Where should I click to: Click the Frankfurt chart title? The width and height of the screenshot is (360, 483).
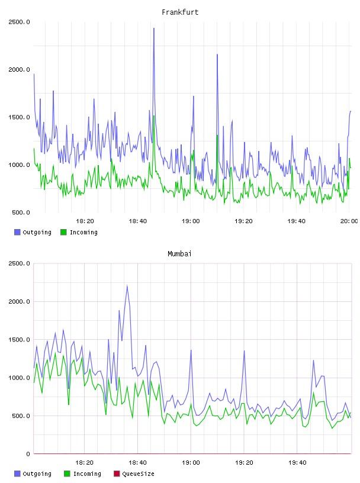tap(180, 12)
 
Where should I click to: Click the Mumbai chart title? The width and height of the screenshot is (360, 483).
tap(179, 254)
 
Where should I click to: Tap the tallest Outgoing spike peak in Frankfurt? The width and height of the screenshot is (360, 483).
tap(154, 28)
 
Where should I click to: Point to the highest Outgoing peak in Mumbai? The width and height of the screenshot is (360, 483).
tap(127, 285)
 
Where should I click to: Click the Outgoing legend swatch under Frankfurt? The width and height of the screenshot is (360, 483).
tap(17, 232)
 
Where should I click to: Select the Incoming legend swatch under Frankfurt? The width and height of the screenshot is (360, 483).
tap(63, 232)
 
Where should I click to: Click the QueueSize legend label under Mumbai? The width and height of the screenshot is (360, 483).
tap(138, 474)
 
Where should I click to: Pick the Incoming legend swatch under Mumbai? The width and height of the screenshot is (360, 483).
tap(67, 474)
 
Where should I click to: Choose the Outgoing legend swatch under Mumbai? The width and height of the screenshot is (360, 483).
tap(17, 474)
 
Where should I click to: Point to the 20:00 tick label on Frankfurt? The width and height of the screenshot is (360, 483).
tap(349, 221)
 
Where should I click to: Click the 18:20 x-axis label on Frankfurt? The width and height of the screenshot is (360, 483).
tap(85, 221)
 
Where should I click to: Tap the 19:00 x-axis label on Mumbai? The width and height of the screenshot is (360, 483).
tap(191, 463)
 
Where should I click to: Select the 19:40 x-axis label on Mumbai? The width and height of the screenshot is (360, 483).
tap(297, 463)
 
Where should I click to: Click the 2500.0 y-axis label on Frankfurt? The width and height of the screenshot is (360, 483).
tap(19, 22)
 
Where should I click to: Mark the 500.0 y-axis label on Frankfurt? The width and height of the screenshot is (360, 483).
tap(21, 212)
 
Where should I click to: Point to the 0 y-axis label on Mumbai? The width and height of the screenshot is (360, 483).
tap(28, 454)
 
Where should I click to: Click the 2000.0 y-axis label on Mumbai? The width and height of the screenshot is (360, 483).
tap(19, 301)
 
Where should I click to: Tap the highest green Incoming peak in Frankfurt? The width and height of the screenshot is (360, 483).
tap(154, 116)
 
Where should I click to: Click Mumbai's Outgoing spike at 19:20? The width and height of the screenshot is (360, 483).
tap(244, 350)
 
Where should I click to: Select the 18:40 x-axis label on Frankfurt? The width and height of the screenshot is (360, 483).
tap(138, 221)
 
